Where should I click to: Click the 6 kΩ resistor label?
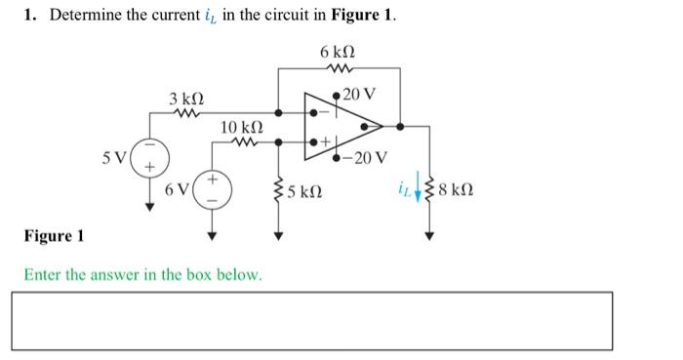[x=338, y=51]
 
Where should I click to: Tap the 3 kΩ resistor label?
[x=186, y=100]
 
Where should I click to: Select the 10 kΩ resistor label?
[x=241, y=128]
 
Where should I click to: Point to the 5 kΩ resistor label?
[x=305, y=191]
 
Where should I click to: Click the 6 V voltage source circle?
[x=211, y=190]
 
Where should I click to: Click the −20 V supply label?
[x=368, y=157]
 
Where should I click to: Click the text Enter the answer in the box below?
[x=142, y=274]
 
